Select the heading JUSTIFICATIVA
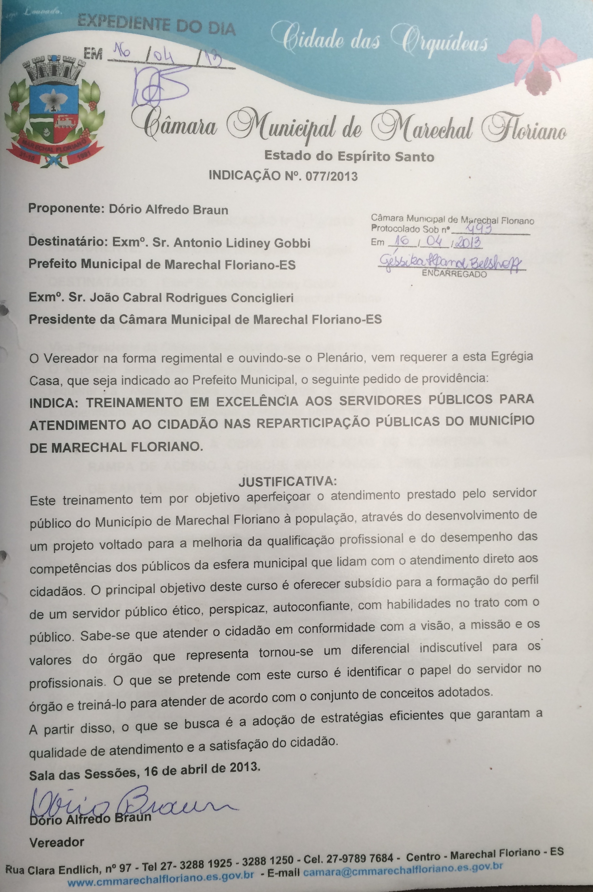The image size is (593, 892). (x=287, y=481)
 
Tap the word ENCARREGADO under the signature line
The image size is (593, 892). (x=454, y=274)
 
